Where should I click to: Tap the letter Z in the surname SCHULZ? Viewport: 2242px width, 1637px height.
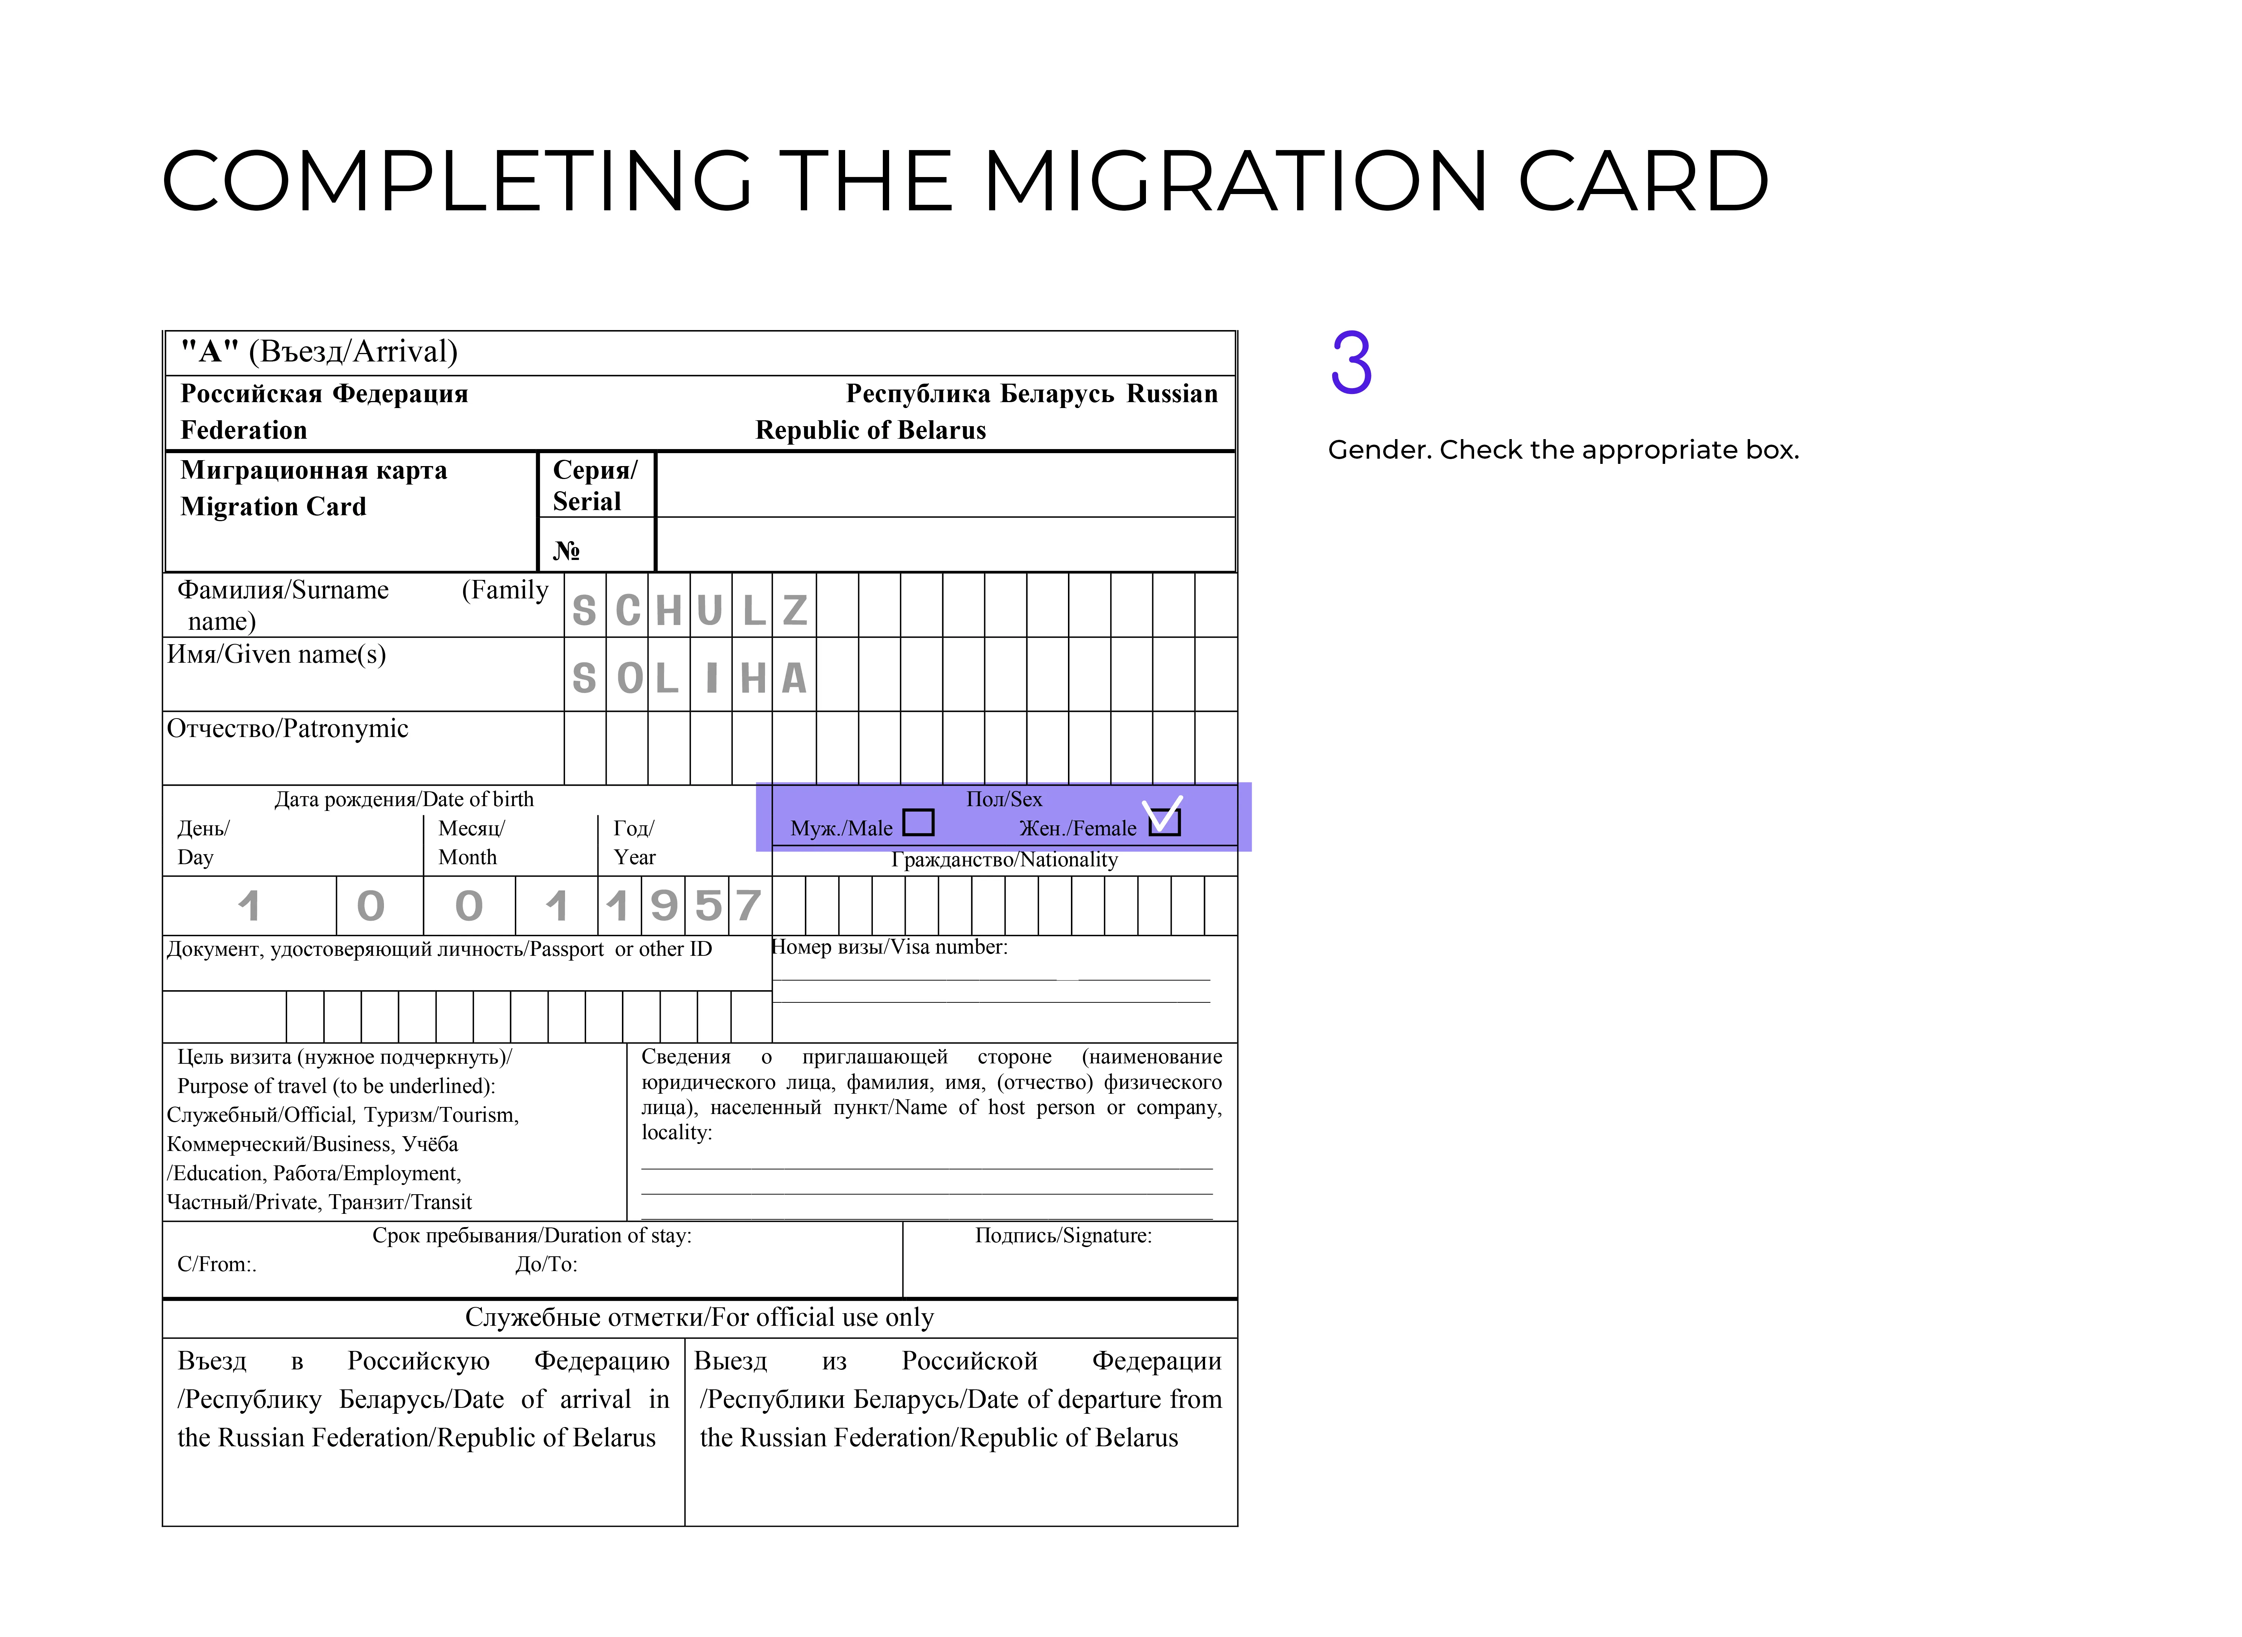pos(795,610)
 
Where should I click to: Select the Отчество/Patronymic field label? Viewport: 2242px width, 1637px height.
pos(287,729)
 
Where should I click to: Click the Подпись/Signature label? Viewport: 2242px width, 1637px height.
pos(1063,1236)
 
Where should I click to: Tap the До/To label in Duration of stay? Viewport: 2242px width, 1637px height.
pos(546,1264)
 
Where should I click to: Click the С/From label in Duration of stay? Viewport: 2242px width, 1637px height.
pos(216,1264)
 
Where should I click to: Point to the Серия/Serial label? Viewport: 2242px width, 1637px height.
pos(595,486)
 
